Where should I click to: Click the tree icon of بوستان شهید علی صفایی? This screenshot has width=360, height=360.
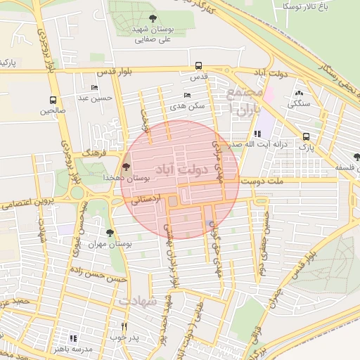(153, 18)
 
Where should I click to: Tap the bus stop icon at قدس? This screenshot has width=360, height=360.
(198, 67)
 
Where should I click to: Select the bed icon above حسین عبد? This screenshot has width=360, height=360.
(95, 88)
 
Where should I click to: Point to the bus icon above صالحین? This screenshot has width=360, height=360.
(53, 100)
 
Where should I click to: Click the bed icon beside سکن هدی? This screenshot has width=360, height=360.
(187, 95)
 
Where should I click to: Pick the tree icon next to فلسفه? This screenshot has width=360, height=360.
(356, 157)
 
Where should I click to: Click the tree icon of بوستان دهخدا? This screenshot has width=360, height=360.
(126, 167)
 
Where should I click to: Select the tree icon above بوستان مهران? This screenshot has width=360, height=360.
(109, 232)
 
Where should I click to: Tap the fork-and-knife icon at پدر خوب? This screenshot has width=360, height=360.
(124, 326)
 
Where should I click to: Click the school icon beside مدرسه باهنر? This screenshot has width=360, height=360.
(73, 338)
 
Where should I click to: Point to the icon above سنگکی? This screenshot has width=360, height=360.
(300, 94)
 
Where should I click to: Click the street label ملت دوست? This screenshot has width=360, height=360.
(262, 181)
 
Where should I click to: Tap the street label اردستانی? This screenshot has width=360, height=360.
(145, 200)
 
